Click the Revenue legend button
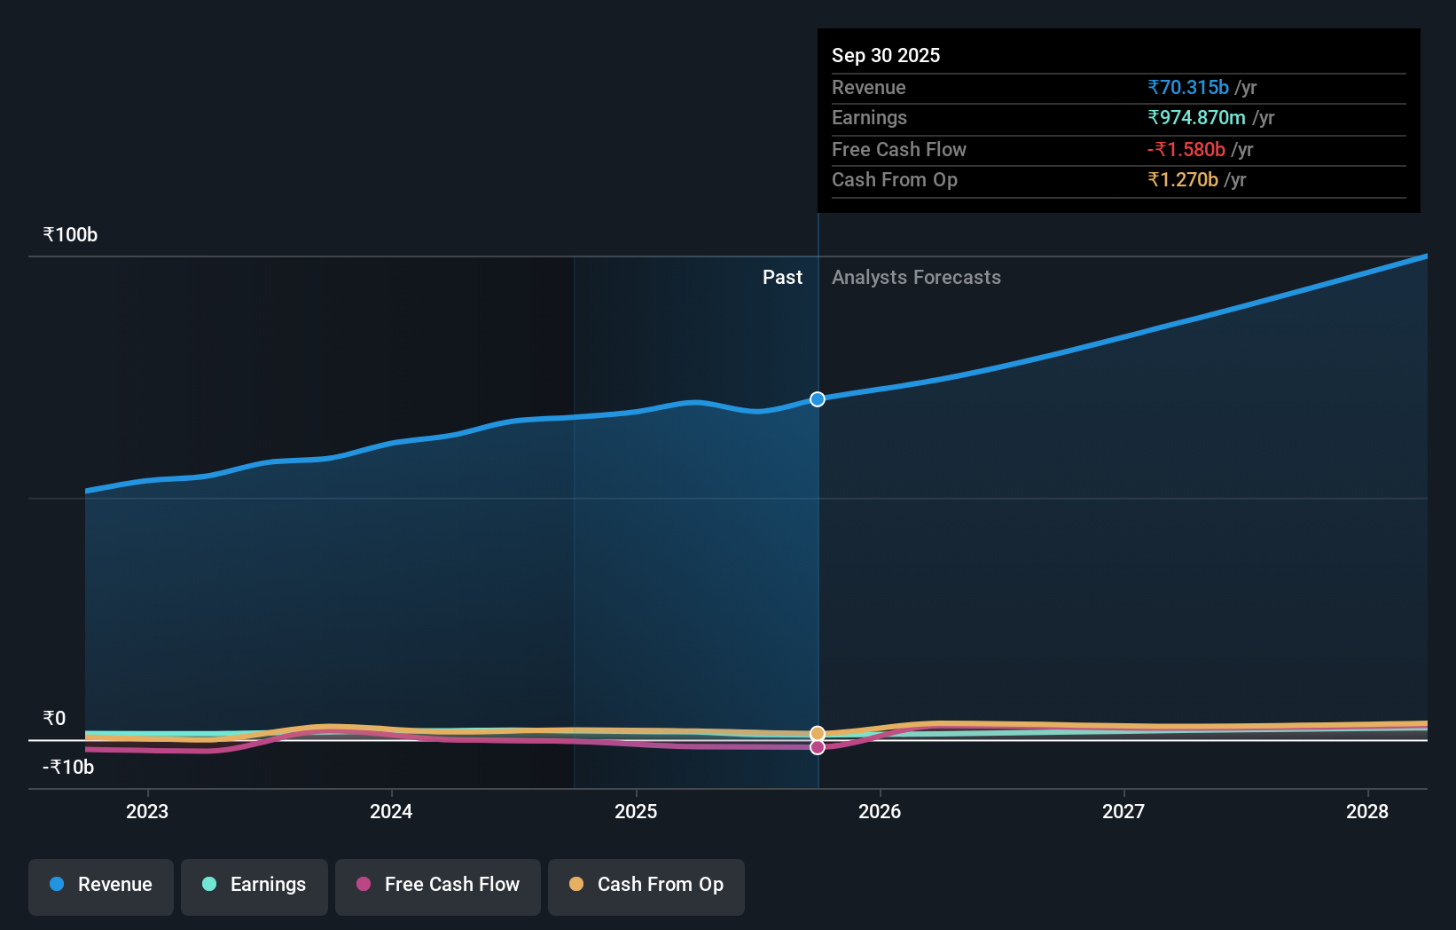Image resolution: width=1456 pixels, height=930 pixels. pos(101,885)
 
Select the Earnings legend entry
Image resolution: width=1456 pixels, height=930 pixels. pos(254,885)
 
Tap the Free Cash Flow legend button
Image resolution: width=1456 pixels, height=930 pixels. pos(438,885)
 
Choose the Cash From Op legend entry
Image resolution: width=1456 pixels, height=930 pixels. pos(646,885)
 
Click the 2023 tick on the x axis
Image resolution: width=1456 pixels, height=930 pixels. pos(147,811)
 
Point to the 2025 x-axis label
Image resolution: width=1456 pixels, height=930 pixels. pos(636,811)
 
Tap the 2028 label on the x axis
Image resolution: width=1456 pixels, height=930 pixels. pos(1367,811)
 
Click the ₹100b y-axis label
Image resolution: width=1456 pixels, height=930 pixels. pos(70,235)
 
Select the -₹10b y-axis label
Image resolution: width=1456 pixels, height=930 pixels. pos(68,768)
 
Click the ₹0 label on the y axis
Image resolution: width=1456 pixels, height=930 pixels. pos(54,719)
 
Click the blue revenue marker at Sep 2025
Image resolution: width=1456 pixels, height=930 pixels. pos(818,399)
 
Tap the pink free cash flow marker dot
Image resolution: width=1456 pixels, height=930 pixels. pos(818,747)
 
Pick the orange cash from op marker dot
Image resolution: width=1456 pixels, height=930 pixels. pos(818,734)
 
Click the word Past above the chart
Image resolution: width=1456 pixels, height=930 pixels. pos(782,278)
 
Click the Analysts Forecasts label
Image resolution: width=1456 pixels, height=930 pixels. pos(916,278)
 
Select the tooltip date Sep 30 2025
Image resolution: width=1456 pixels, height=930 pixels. pos(886,55)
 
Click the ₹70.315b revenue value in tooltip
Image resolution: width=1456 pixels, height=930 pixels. pos(1188,87)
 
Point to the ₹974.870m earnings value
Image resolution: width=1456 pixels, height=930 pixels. pos(1196,117)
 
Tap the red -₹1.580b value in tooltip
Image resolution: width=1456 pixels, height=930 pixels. pos(1186,149)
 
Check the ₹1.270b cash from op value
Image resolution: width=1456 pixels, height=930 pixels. pos(1183,179)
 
